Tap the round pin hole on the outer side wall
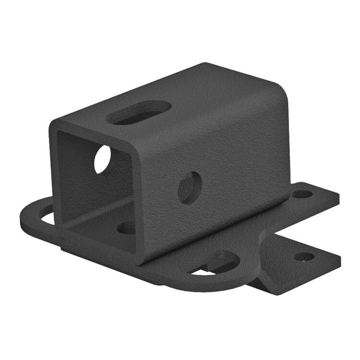pyautogui.click(x=190, y=187)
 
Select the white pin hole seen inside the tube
pyautogui.click(x=102, y=159)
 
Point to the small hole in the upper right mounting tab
pyautogui.click(x=302, y=194)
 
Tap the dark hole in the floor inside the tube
pyautogui.click(x=126, y=228)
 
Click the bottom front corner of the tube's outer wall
pyautogui.click(x=139, y=262)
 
